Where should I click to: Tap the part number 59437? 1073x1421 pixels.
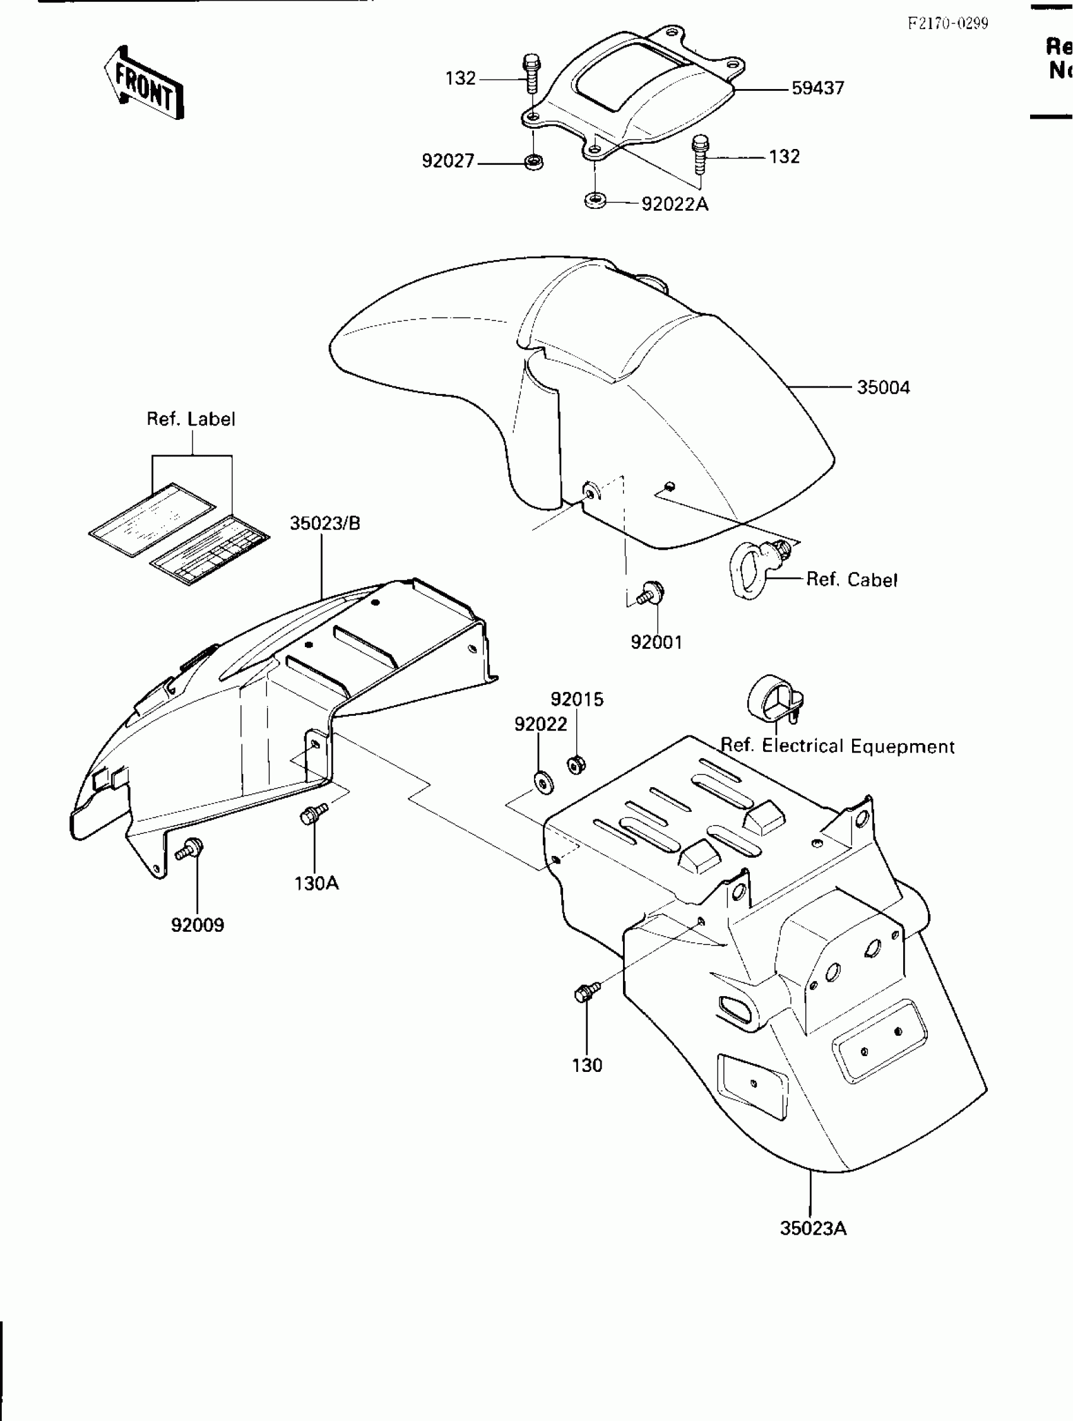817,88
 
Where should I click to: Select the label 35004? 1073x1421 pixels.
883,388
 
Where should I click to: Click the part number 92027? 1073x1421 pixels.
448,161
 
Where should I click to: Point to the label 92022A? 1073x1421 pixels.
675,205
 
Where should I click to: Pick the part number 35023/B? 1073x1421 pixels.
325,523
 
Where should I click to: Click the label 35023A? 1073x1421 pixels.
813,1229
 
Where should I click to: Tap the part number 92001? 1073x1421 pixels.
656,642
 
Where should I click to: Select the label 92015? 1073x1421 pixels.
578,699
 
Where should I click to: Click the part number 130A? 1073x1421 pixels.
317,884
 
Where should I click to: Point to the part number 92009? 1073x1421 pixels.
197,925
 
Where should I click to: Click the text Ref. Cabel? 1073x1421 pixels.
851,580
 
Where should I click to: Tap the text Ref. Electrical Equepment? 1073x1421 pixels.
838,746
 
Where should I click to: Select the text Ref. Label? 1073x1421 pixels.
191,420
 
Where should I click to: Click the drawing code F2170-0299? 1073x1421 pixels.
948,24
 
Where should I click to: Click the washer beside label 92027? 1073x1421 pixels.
533,162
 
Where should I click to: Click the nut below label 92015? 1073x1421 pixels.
576,764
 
